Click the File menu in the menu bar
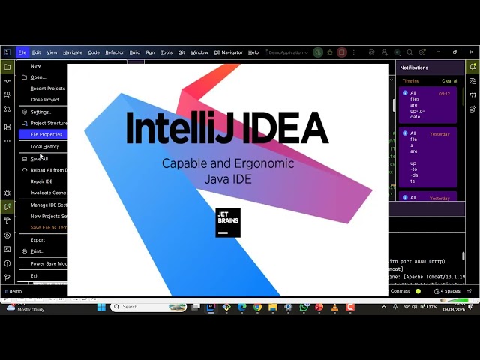pos(22,52)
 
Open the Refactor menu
pos(115,52)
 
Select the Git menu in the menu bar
pos(181,52)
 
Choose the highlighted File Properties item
pos(46,134)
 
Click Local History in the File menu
pos(44,147)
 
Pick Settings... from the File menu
pos(41,112)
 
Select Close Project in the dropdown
pos(45,100)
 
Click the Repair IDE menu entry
pos(41,181)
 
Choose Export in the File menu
pos(37,240)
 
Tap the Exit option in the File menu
pos(34,275)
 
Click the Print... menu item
pos(37,251)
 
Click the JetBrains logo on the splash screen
pos(228,223)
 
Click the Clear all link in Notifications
pos(450,81)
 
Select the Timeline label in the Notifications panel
pos(411,81)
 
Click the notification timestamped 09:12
pos(428,105)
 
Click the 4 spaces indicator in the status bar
pos(450,291)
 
